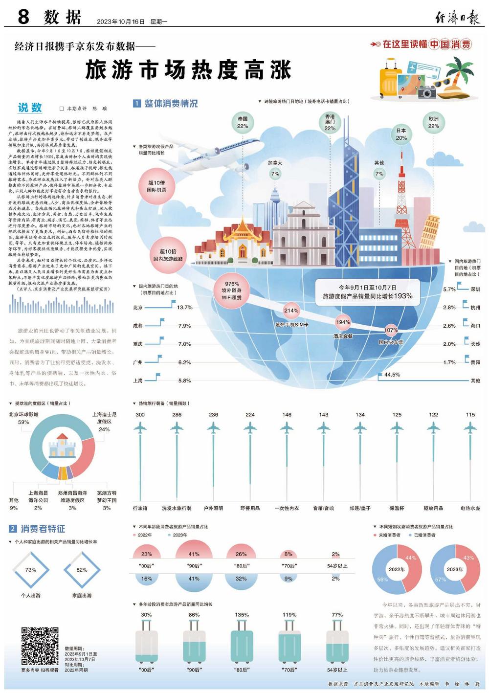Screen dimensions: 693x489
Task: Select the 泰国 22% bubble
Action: point(243,122)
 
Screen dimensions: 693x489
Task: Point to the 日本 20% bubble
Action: point(401,134)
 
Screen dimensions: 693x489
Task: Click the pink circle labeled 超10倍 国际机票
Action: point(156,186)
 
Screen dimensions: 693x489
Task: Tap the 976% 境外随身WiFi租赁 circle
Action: point(232,291)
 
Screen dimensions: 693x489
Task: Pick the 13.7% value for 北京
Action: point(185,308)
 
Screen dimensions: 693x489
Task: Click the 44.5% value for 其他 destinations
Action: point(392,375)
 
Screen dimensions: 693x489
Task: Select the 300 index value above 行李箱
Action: point(140,415)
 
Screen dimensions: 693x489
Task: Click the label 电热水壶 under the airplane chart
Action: point(470,508)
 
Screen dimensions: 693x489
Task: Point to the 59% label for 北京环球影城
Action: point(23,422)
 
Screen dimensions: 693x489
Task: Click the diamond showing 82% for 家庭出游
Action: point(82,570)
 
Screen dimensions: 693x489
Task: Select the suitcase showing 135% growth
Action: point(242,641)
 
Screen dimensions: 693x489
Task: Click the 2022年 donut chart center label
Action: point(397,569)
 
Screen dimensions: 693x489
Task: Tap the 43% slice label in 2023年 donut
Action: point(468,558)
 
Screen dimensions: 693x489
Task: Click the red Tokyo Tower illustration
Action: point(403,201)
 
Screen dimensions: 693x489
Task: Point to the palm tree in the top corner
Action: point(461,73)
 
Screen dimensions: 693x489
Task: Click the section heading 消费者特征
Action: point(43,529)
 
